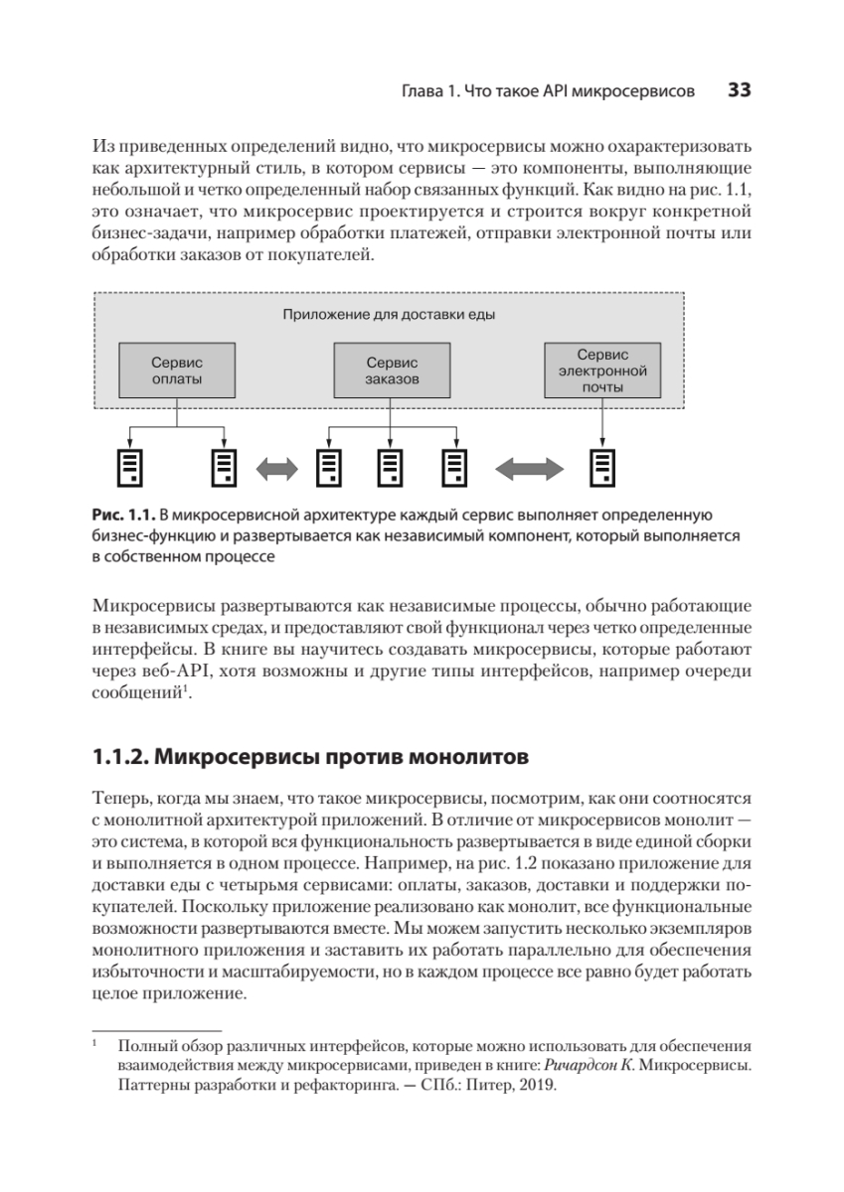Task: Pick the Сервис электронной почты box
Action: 602,371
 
